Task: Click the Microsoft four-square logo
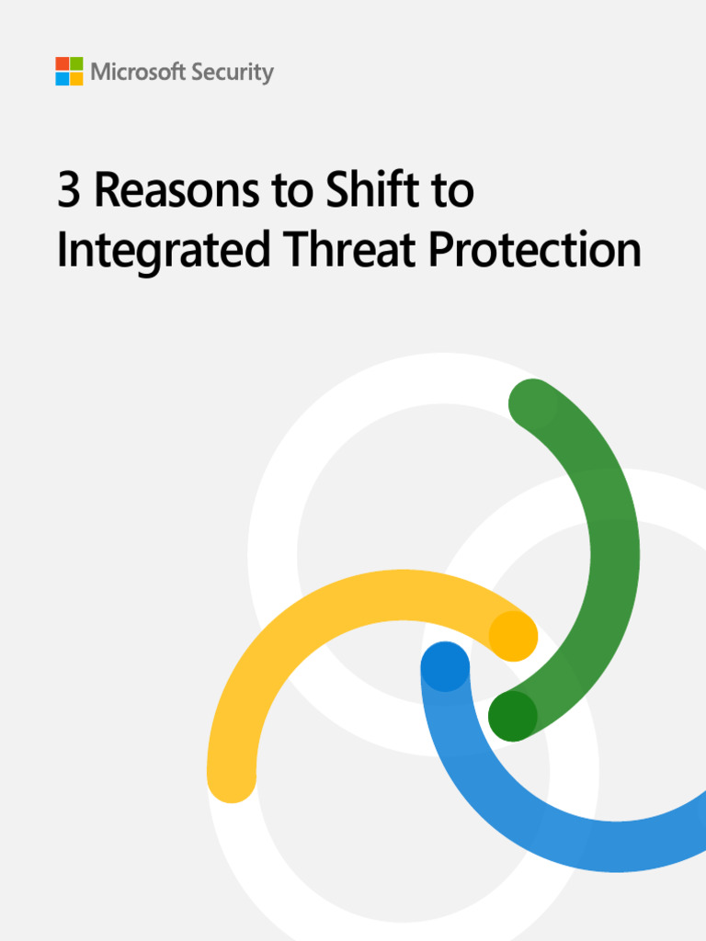69,71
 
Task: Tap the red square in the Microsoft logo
63,64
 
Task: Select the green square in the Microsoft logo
76,64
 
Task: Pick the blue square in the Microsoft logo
63,78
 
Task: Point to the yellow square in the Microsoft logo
76,78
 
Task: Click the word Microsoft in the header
136,72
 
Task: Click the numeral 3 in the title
69,191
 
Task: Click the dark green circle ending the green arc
512,717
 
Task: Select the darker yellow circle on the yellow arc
513,636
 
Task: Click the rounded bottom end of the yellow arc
232,777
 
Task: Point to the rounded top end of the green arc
533,402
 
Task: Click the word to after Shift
454,191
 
